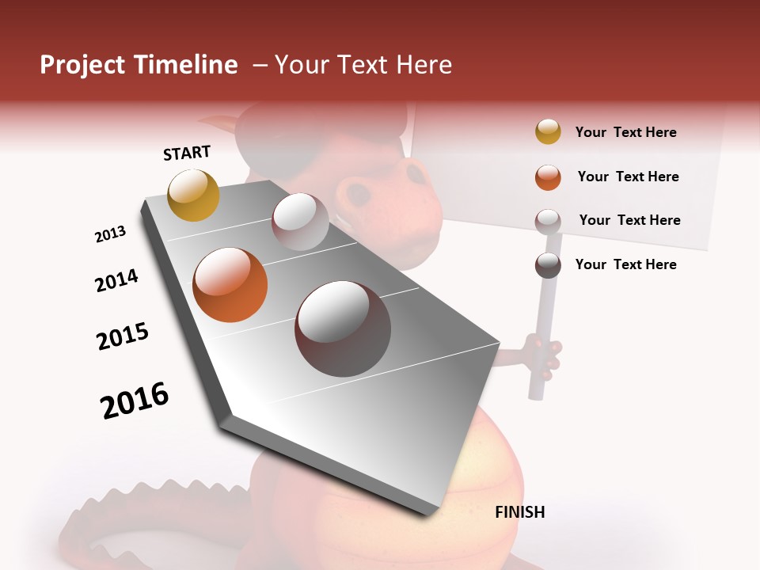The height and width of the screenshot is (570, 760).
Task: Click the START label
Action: tap(187, 152)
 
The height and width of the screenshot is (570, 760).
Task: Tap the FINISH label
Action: tap(519, 512)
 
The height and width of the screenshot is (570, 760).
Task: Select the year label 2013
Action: tap(110, 234)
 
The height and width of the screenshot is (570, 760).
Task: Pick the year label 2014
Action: tap(116, 280)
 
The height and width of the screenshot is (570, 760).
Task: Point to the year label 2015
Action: tap(123, 336)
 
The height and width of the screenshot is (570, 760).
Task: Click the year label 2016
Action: tap(135, 400)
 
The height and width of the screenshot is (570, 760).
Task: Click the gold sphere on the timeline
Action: tap(193, 195)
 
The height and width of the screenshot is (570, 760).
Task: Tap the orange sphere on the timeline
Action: tap(230, 285)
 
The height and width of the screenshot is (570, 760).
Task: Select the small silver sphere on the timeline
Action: tap(300, 222)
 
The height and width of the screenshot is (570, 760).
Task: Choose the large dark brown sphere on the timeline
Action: tap(342, 328)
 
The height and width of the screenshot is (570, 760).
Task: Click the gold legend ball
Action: tap(548, 131)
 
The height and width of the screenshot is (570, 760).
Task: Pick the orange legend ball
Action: tap(548, 177)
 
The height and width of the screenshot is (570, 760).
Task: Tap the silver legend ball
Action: tap(548, 221)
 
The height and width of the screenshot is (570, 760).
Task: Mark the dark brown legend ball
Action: tap(548, 264)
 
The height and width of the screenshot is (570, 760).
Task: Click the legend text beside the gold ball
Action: tap(625, 132)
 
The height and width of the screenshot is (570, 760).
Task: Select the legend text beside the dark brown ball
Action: tap(625, 264)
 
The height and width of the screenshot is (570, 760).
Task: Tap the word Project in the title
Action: tap(82, 65)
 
